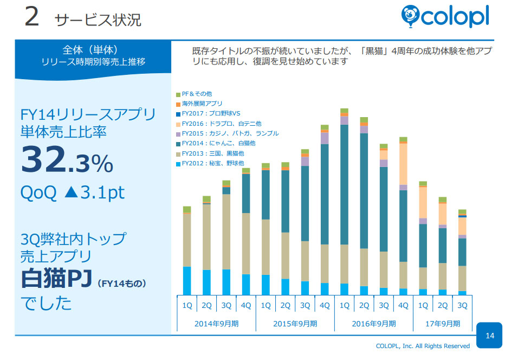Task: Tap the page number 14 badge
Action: click(490, 336)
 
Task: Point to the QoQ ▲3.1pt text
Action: click(73, 192)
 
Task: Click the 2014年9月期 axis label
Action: click(217, 324)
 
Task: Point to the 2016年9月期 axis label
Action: click(374, 324)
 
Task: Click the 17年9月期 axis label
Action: click(442, 324)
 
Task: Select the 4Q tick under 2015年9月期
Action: click(325, 306)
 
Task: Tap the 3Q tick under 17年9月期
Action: click(462, 306)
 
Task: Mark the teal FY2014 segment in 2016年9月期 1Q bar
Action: click(344, 184)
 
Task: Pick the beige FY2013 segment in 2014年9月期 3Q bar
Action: click(226, 232)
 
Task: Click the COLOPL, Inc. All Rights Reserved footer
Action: click(423, 346)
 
